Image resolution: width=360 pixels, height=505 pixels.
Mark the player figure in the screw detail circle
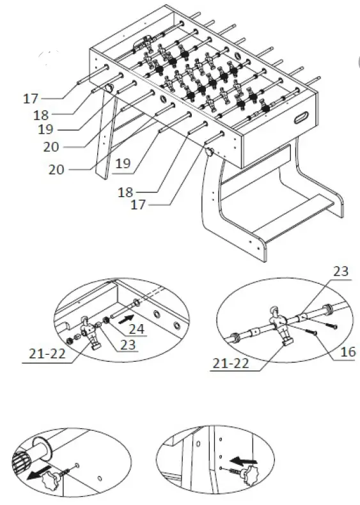pyautogui.click(x=279, y=327)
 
